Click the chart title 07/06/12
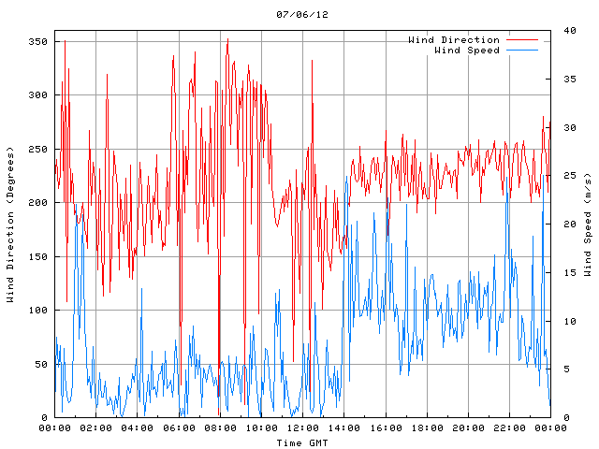pos(302,14)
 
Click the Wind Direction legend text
pos(454,39)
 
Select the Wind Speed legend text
pos(467,50)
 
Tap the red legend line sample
pos(522,39)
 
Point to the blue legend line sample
pos(522,50)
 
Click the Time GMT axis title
pos(302,442)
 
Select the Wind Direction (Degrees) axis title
pos(10,224)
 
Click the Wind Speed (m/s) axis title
pos(587,224)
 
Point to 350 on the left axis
pos(37,42)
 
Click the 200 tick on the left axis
pos(37,203)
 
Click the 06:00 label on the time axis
pos(179,427)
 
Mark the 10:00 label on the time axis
pos(261,427)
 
